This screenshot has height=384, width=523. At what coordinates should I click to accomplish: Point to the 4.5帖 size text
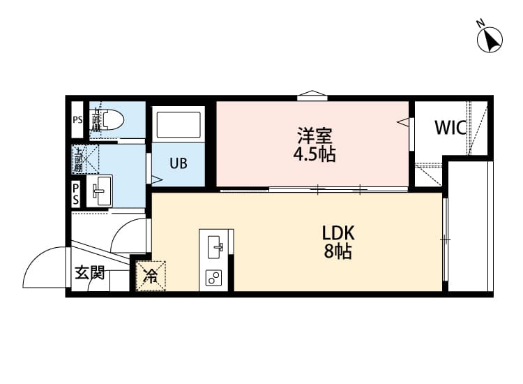(314, 154)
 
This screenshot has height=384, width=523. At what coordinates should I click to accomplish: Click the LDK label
(338, 233)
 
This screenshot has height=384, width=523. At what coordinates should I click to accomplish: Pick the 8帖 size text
(338, 252)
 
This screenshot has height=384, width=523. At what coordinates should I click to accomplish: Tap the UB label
(179, 164)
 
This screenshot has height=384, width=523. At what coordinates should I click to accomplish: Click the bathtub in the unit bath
(179, 125)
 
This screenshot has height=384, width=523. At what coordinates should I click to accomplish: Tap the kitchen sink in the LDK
(216, 246)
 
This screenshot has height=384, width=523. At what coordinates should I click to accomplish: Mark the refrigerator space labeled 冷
(151, 276)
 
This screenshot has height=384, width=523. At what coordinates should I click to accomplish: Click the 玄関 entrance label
(90, 273)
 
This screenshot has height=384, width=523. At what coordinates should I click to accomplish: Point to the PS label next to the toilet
(77, 120)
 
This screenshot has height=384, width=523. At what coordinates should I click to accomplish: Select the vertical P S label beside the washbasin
(76, 193)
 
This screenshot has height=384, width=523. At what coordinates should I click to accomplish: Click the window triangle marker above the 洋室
(312, 96)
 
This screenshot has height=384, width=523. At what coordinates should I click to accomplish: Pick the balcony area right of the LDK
(470, 227)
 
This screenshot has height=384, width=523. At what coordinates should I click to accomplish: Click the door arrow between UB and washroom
(156, 179)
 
